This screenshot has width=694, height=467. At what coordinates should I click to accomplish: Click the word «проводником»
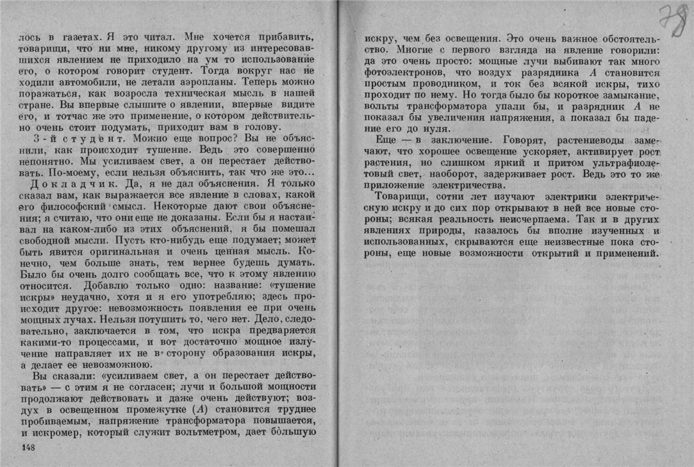(425, 85)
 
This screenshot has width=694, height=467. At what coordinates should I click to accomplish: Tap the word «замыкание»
(624, 97)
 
